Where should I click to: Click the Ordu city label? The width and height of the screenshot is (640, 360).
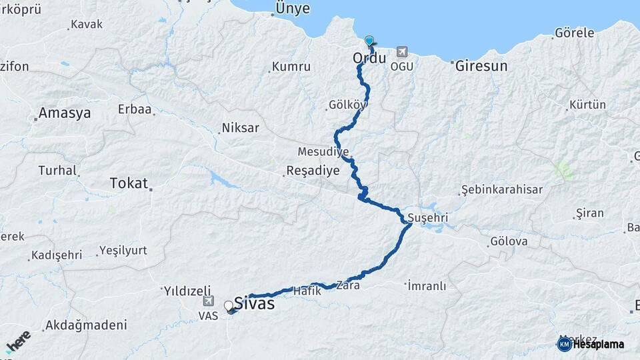(x=369, y=59)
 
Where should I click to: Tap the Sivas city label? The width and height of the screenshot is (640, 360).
(x=255, y=303)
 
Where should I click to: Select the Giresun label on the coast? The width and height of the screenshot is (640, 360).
(x=481, y=66)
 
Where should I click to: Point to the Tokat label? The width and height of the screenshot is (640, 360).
(x=128, y=183)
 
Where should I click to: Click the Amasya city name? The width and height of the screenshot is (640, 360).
(x=65, y=113)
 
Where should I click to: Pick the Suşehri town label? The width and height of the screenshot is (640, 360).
(x=427, y=218)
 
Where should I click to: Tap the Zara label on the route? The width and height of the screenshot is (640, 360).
(x=348, y=285)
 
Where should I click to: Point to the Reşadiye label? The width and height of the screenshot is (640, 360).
(x=313, y=171)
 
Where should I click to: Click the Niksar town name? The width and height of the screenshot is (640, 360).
(x=240, y=127)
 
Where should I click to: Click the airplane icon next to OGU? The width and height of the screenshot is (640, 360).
(x=401, y=51)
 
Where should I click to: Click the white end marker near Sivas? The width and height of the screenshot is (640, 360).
(x=229, y=306)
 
